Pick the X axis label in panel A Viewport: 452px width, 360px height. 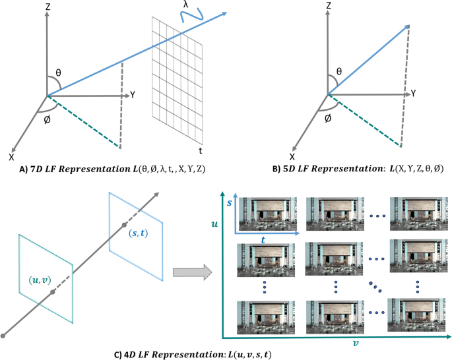13,158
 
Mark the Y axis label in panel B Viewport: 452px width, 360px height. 414,94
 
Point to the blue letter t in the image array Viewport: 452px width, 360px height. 263,241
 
